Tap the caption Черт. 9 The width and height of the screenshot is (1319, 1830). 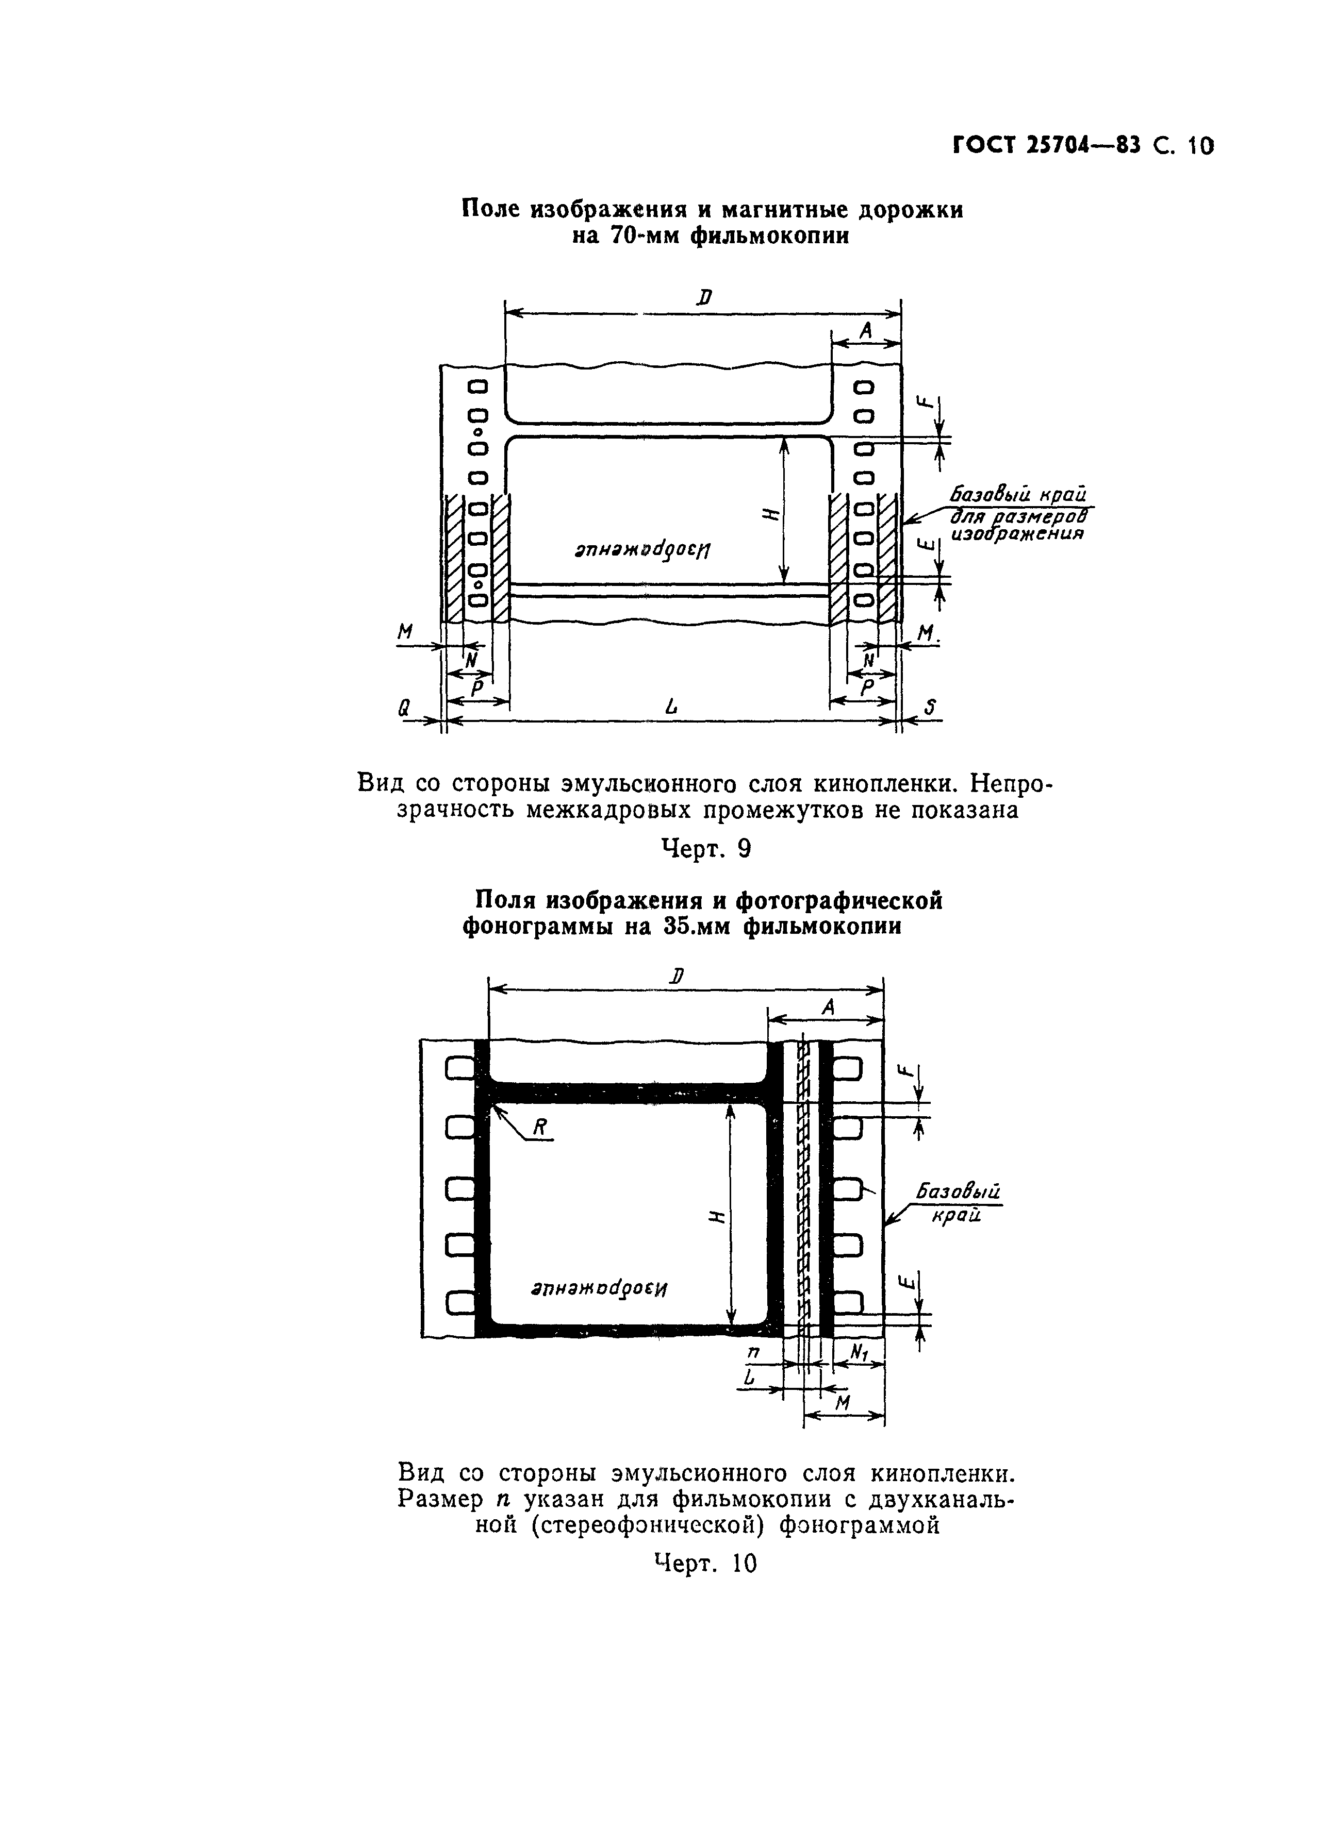coord(705,848)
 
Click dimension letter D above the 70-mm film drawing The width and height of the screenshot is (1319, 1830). coord(704,298)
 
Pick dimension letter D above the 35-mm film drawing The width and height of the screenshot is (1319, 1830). coord(677,976)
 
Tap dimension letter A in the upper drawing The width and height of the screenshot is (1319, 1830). coord(866,330)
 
